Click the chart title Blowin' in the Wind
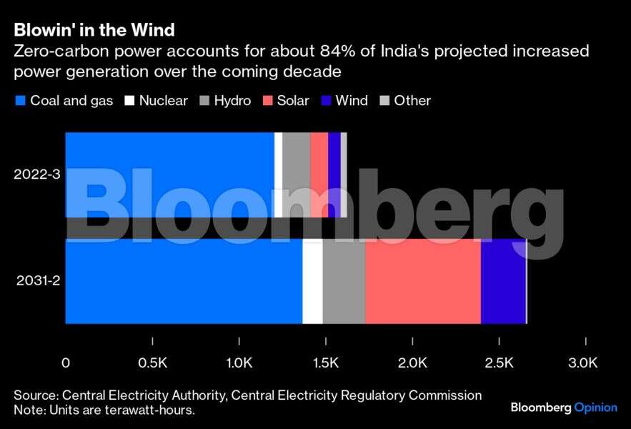click(x=94, y=30)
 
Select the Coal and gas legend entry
click(x=64, y=101)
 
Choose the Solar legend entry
click(x=286, y=101)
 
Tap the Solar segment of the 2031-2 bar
click(x=423, y=280)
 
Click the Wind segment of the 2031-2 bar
click(x=503, y=280)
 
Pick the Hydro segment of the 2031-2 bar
click(x=344, y=280)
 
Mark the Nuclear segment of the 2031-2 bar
click(x=312, y=280)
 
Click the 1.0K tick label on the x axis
click(x=239, y=363)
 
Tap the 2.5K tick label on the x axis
click(x=499, y=363)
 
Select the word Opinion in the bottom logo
click(x=596, y=408)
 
